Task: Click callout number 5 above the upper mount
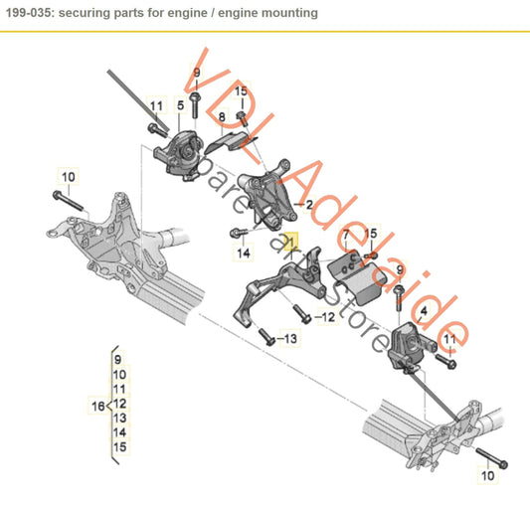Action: click(x=180, y=104)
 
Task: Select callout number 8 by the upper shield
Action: click(x=223, y=117)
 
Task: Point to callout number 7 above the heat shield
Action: click(x=345, y=236)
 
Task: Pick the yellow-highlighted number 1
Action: click(x=290, y=241)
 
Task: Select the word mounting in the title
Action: click(x=288, y=13)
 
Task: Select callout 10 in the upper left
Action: click(x=68, y=178)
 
